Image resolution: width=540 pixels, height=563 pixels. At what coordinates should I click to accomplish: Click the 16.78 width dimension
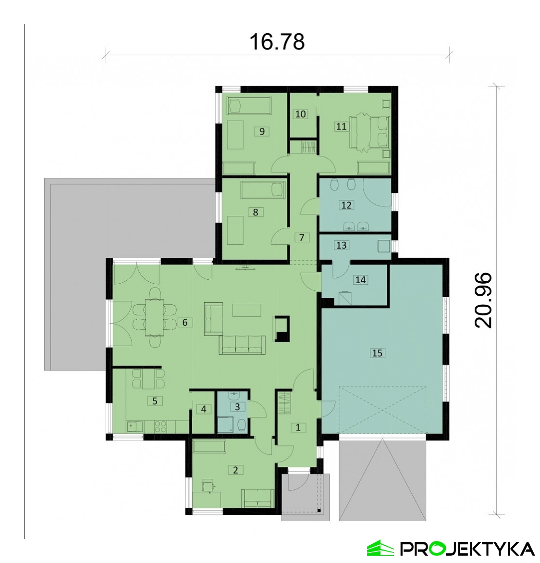277,42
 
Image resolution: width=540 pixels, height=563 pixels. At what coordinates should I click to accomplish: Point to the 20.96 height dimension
483,300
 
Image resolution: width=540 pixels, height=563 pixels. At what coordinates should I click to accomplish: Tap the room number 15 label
377,353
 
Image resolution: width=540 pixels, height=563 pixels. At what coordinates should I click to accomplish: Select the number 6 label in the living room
185,323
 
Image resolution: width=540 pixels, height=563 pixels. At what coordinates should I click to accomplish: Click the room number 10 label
300,114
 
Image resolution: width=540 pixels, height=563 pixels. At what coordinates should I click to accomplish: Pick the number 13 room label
341,245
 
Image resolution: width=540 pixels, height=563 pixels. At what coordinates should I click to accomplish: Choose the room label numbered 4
204,409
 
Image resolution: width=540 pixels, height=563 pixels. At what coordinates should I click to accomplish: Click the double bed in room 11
370,131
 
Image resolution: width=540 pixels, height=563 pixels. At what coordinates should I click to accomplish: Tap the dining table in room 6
154,317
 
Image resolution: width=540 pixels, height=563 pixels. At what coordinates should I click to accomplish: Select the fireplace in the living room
282,328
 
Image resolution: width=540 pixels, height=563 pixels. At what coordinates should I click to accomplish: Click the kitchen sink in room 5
134,426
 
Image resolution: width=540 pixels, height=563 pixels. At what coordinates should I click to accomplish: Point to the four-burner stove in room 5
160,426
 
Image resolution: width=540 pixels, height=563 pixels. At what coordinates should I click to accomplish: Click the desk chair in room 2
207,486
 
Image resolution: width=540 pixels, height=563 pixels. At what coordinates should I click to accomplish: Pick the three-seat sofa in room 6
242,345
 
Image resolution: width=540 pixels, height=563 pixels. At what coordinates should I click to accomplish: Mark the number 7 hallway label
301,238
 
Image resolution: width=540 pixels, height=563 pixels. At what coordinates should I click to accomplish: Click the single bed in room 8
263,189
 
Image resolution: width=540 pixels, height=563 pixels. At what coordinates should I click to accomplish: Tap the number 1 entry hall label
298,427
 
